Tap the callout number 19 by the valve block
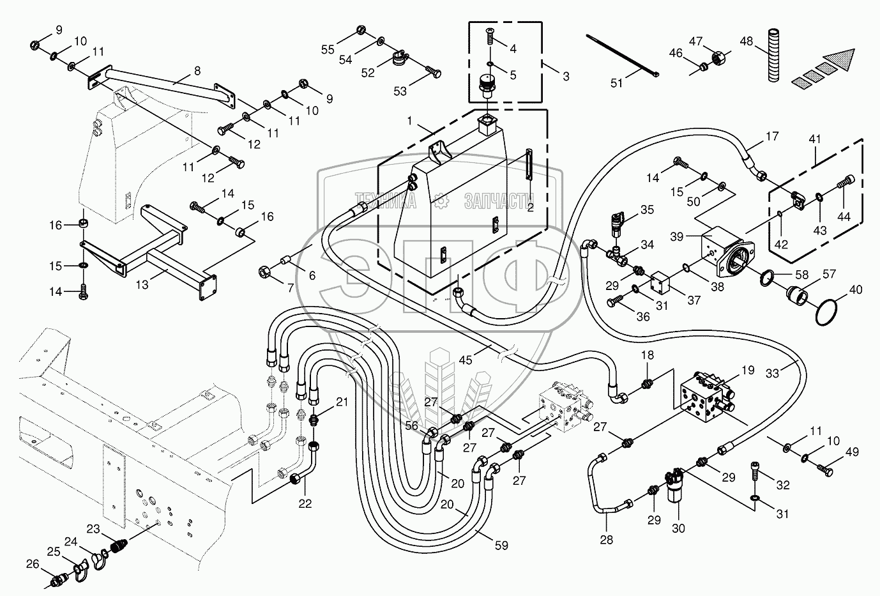click(748, 370)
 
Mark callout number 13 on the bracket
click(142, 284)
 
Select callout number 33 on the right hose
click(772, 373)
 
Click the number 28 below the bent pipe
click(606, 539)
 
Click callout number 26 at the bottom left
click(33, 563)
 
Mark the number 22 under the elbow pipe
click(305, 503)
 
